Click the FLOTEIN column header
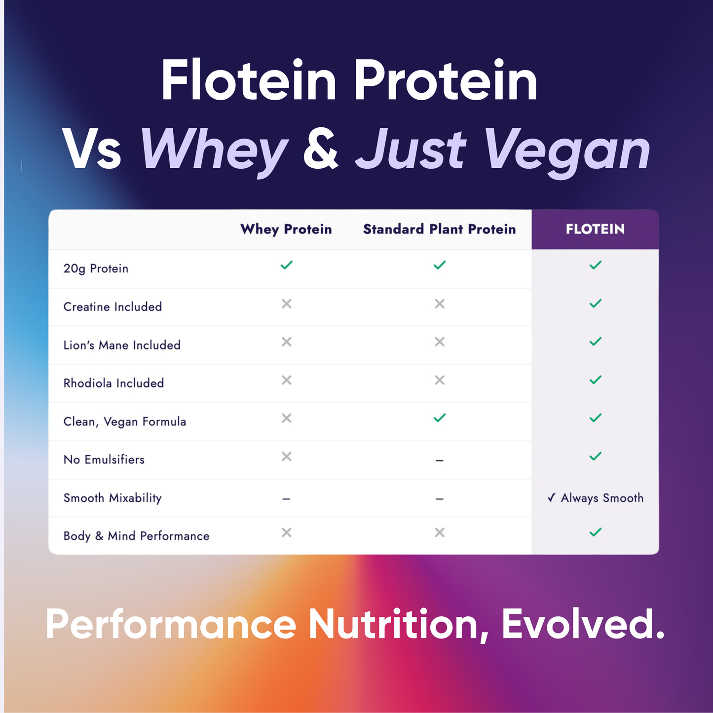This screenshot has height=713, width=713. pyautogui.click(x=595, y=229)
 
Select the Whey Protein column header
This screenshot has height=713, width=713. pyautogui.click(x=286, y=229)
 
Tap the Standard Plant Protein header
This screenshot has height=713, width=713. pyautogui.click(x=439, y=229)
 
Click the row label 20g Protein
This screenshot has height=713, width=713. pyautogui.click(x=96, y=268)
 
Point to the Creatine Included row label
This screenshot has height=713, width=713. pyautogui.click(x=113, y=307)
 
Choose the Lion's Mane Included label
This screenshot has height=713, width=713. pyautogui.click(x=122, y=345)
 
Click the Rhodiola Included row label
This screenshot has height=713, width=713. pyautogui.click(x=113, y=383)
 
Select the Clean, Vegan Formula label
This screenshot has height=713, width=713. pyautogui.click(x=125, y=422)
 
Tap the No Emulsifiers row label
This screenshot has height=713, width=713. pyautogui.click(x=104, y=460)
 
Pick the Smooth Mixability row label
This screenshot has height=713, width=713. pyautogui.click(x=113, y=498)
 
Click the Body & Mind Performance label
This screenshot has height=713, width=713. pyautogui.click(x=136, y=536)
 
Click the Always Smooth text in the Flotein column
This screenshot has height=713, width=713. pyautogui.click(x=601, y=498)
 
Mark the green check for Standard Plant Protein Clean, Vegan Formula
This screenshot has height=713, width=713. pyautogui.click(x=440, y=418)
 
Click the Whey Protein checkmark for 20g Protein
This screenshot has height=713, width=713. pyautogui.click(x=287, y=265)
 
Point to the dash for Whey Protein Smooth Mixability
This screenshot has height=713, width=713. pyautogui.click(x=286, y=499)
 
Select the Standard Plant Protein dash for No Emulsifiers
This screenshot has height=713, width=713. pyautogui.click(x=440, y=460)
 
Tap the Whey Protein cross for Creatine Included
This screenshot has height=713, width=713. pyautogui.click(x=287, y=304)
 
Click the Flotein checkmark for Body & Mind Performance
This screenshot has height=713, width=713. pyautogui.click(x=596, y=532)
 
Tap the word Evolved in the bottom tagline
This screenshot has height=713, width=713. pyautogui.click(x=583, y=624)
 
